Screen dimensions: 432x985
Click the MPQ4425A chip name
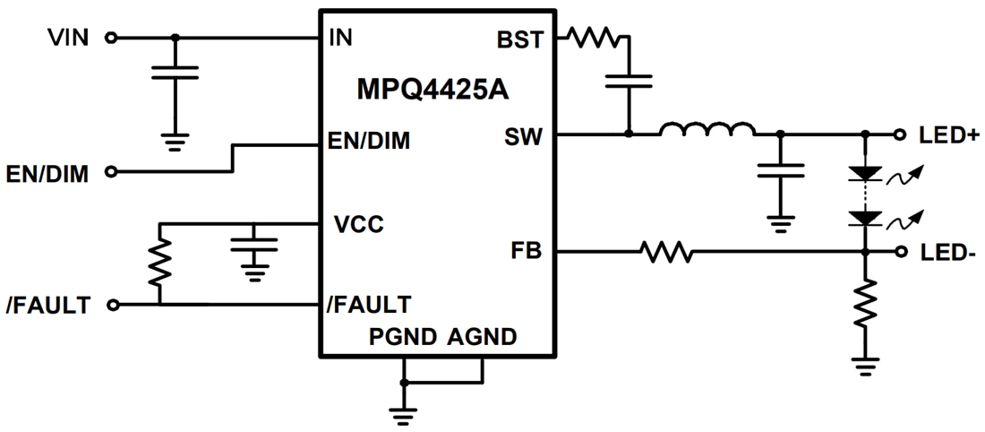[x=435, y=89]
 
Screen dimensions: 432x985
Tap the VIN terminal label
[x=69, y=38]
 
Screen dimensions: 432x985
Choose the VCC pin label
[x=358, y=224]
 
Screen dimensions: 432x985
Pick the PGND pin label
[x=403, y=337]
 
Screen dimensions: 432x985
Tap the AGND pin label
[x=482, y=337]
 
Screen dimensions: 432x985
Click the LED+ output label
[x=948, y=135]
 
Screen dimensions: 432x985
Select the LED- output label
[x=947, y=253]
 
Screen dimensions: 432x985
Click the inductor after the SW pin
[x=707, y=131]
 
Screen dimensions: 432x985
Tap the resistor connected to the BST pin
[x=592, y=38]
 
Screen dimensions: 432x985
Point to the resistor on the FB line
[x=665, y=253]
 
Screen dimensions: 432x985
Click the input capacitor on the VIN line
[x=175, y=72]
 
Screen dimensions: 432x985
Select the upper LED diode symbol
[x=865, y=173]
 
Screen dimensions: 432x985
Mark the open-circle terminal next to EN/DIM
[x=111, y=171]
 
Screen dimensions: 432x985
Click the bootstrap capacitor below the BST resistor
[x=629, y=82]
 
